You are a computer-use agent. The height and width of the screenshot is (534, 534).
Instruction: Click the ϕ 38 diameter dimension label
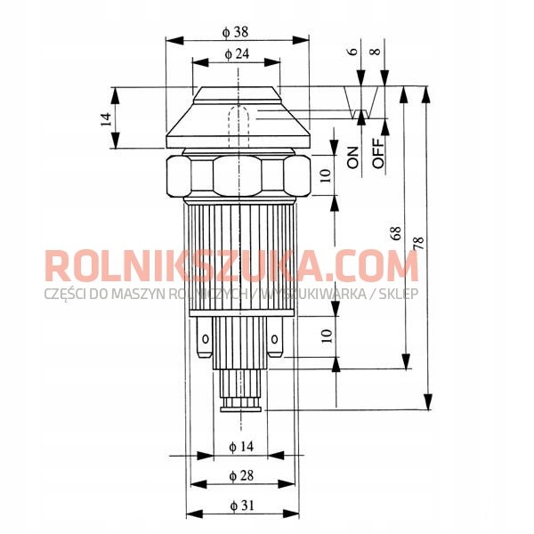coord(235,32)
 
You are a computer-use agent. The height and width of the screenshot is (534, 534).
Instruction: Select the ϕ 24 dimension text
coord(237,53)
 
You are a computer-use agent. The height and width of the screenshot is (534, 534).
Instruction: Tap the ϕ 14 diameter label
coord(241,446)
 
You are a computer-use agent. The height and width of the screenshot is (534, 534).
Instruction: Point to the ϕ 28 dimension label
coord(241,475)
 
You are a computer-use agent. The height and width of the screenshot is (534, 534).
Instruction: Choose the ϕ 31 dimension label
coord(242,506)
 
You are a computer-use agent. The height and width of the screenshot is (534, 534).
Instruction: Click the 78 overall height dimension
coord(419,243)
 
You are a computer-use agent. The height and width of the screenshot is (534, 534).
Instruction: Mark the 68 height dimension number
coord(396,233)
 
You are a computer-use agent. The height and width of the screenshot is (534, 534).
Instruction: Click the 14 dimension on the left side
coord(106,119)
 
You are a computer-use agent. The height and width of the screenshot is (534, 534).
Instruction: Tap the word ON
coord(352,158)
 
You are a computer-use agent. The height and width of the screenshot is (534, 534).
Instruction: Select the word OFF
coord(378,153)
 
